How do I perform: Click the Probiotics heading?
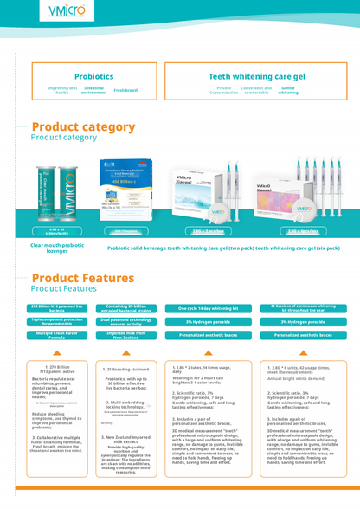click(93, 76)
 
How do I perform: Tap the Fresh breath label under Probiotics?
click(125, 90)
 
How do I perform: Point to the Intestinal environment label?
click(94, 90)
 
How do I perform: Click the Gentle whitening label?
click(288, 90)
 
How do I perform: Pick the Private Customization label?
click(223, 90)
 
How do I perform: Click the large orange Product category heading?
click(83, 126)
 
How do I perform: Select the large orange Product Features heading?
click(82, 278)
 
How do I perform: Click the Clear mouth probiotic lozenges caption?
click(55, 248)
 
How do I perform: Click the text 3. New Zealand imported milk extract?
click(126, 439)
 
